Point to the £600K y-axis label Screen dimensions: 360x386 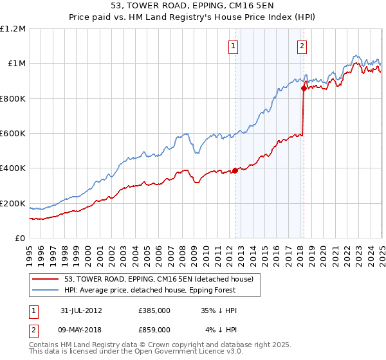coord(13,134)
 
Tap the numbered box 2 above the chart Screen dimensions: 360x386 coord(302,46)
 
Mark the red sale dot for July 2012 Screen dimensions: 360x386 coord(235,170)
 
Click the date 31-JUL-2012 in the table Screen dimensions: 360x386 coord(80,310)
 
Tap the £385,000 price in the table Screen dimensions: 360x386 coord(154,310)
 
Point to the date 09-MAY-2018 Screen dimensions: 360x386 coord(80,329)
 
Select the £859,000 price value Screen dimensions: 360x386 coord(154,329)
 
